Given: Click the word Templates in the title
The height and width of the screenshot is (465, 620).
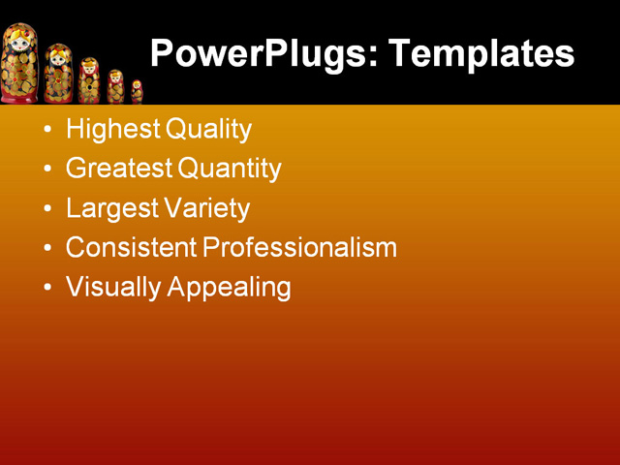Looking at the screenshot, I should (x=481, y=53).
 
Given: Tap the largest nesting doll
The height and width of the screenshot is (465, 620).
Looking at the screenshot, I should (x=19, y=64).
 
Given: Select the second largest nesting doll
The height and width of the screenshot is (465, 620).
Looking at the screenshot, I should (x=58, y=74).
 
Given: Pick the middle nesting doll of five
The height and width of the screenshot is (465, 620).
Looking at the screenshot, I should (x=89, y=80).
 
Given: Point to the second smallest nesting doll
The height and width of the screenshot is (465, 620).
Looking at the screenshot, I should (x=116, y=87).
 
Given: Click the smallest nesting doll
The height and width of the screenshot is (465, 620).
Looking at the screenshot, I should (x=137, y=92).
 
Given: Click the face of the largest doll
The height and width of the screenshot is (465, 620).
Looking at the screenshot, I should (x=18, y=43).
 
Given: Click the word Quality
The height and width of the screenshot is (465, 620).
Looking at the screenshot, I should (x=208, y=129).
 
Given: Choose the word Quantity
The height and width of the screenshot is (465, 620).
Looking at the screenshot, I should (x=230, y=169).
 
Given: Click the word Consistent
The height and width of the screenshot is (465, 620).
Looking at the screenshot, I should (x=131, y=247).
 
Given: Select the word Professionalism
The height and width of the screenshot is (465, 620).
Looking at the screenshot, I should (x=300, y=247).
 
